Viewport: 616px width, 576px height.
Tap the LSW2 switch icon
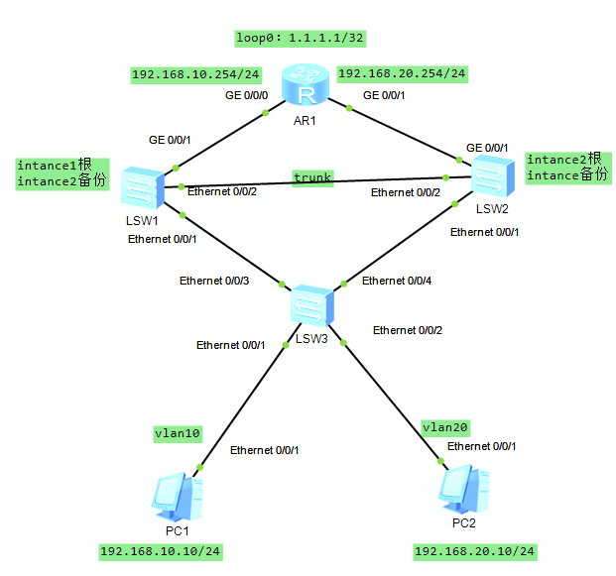(x=492, y=176)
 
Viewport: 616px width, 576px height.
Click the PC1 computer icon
(x=179, y=497)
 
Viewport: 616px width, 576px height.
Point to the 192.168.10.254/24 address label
(x=195, y=74)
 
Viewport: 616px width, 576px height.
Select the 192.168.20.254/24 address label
(x=402, y=73)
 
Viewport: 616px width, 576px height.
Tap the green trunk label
(x=312, y=176)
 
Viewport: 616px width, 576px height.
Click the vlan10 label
(x=178, y=433)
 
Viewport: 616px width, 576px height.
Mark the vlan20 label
(x=444, y=427)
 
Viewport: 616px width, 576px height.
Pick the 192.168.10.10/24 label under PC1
(x=160, y=550)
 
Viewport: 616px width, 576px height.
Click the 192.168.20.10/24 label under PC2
(x=474, y=550)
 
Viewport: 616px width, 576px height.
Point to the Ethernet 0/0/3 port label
(x=213, y=281)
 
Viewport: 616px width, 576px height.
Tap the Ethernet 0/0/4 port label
(x=396, y=281)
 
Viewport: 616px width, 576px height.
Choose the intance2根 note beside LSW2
(x=563, y=160)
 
